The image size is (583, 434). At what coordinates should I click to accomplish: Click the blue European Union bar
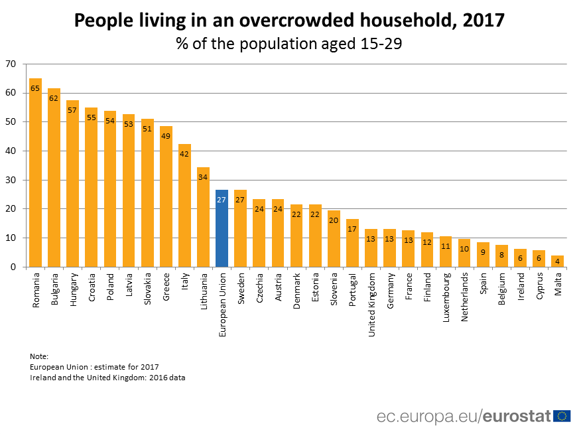click(222, 228)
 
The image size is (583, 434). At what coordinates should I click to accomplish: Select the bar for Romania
click(35, 173)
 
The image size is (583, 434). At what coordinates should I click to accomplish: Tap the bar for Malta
click(557, 261)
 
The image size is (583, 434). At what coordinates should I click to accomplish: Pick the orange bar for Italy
click(184, 205)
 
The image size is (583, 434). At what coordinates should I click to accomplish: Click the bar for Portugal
click(352, 243)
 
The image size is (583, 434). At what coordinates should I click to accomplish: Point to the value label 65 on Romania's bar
click(35, 88)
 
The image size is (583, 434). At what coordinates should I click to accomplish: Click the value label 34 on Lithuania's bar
click(203, 177)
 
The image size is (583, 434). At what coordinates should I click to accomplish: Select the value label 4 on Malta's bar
click(557, 261)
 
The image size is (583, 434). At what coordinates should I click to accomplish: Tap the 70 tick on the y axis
click(10, 64)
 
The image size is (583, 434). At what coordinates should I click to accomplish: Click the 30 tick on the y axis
click(10, 180)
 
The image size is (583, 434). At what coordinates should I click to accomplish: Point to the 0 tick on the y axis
click(13, 267)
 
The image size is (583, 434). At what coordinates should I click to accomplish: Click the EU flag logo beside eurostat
click(562, 416)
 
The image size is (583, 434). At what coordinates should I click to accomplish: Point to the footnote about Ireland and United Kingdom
click(107, 378)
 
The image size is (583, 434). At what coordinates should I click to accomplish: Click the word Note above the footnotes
click(39, 356)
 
